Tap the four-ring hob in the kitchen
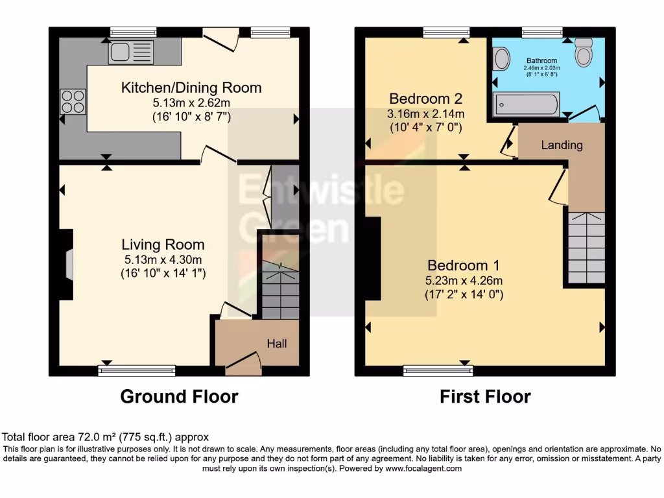tap(73, 101)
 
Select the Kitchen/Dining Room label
tap(191, 88)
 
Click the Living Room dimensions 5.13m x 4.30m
tap(163, 259)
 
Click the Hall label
tap(277, 344)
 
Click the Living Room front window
tap(137, 370)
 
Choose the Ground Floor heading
tap(179, 396)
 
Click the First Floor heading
tap(485, 396)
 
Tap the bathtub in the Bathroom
tap(526, 104)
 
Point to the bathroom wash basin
tap(501, 60)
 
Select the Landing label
tap(562, 145)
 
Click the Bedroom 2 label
tap(425, 99)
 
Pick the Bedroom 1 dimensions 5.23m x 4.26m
tap(464, 280)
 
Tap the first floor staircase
tap(586, 248)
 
